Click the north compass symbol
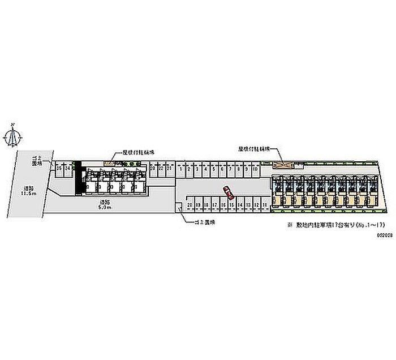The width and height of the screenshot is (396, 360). [14, 136]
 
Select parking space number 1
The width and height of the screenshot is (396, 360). [180, 169]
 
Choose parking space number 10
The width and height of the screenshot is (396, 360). [255, 169]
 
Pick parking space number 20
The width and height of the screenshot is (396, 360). [190, 204]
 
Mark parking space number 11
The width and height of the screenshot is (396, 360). [265, 204]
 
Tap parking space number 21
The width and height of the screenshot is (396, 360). [169, 169]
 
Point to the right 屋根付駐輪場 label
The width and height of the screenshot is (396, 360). [252, 150]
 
